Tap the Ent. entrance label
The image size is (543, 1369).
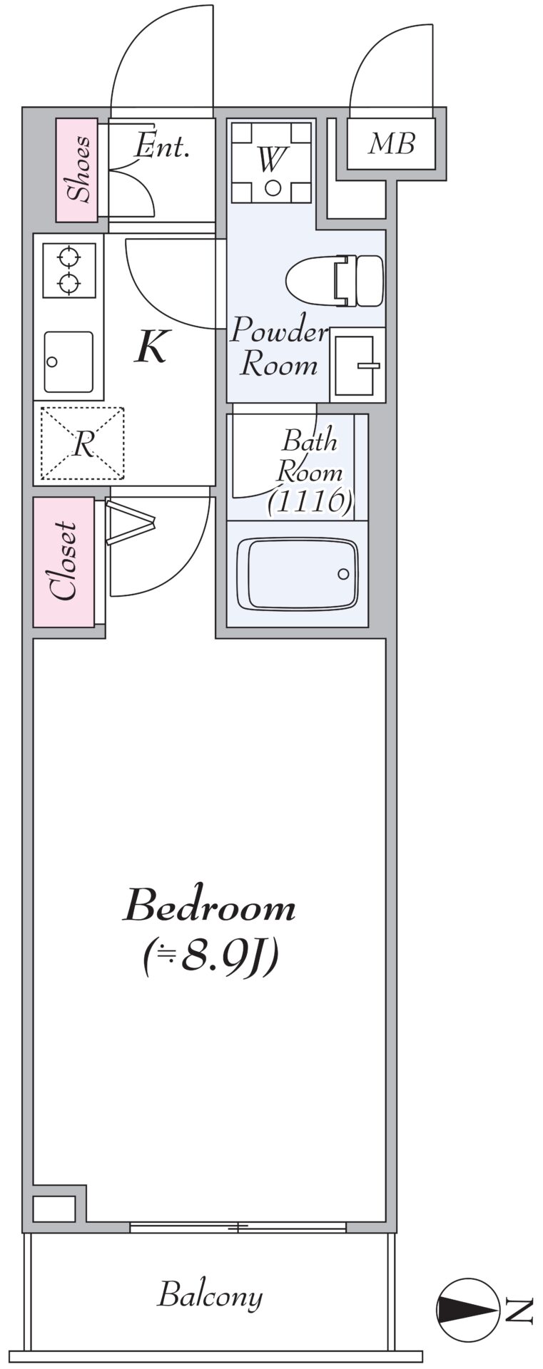click(162, 146)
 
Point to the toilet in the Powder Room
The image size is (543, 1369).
click(335, 280)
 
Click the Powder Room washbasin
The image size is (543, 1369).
click(357, 364)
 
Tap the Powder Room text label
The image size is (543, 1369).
click(279, 348)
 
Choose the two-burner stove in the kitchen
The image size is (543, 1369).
click(69, 270)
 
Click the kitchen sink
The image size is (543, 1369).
click(68, 362)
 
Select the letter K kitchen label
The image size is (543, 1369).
click(152, 347)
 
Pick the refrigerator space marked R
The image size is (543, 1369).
click(82, 443)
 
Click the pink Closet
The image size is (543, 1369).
click(64, 562)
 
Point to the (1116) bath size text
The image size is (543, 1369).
click(310, 502)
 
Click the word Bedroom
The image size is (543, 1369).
click(209, 907)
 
